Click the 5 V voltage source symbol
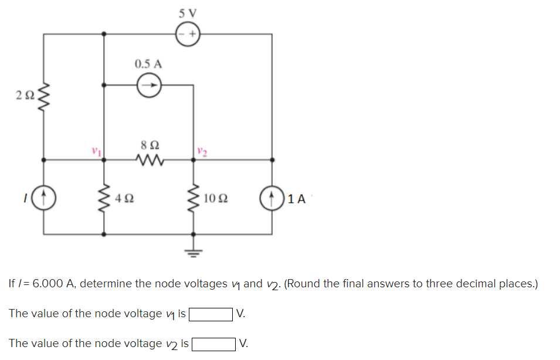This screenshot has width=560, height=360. pyautogui.click(x=188, y=33)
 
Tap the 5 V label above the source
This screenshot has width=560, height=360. pyautogui.click(x=188, y=12)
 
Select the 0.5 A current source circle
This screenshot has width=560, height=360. pyautogui.click(x=149, y=86)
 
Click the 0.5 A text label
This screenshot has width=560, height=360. pyautogui.click(x=148, y=63)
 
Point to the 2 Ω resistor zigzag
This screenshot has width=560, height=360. pyautogui.click(x=43, y=96)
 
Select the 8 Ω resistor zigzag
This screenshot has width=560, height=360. pyautogui.click(x=149, y=159)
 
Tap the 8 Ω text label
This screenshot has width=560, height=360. pyautogui.click(x=150, y=144)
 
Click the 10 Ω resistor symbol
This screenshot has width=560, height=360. pyautogui.click(x=193, y=198)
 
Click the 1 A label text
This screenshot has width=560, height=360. pyautogui.click(x=297, y=198)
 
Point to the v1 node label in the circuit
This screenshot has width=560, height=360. pyautogui.click(x=93, y=151)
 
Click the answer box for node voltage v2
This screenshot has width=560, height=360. pyautogui.click(x=213, y=344)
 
